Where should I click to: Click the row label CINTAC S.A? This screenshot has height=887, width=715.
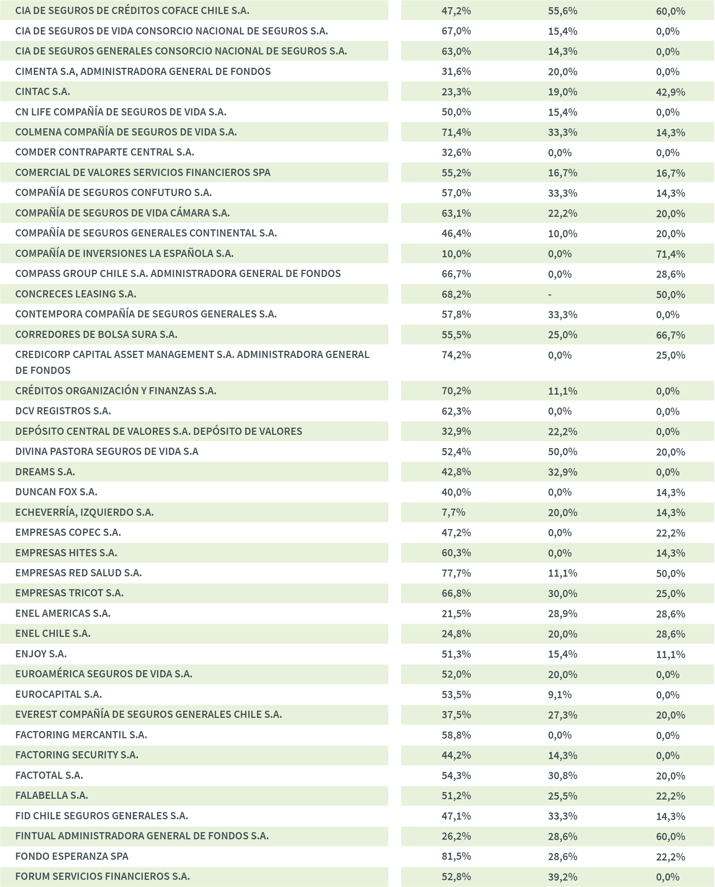click(x=42, y=92)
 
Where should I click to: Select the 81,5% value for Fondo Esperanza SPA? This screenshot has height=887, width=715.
click(x=456, y=856)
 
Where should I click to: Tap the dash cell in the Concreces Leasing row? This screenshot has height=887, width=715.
click(x=550, y=294)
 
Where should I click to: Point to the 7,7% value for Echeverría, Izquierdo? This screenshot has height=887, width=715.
click(x=453, y=512)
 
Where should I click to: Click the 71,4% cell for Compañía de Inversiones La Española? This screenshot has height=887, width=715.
click(x=670, y=254)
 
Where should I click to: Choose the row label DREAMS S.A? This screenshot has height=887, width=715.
click(x=45, y=472)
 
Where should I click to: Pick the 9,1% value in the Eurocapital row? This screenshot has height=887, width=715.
click(x=559, y=695)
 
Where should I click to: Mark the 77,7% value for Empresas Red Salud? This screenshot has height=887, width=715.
click(x=456, y=573)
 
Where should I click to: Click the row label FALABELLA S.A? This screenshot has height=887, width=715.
click(x=51, y=795)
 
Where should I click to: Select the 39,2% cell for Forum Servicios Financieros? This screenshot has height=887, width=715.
click(x=562, y=877)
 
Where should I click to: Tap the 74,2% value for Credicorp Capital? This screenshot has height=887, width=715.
click(x=456, y=355)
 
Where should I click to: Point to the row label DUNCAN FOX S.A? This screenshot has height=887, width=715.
click(x=56, y=492)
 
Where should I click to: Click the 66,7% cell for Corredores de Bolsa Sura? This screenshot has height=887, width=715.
click(x=670, y=335)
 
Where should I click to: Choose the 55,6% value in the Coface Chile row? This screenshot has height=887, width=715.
click(x=562, y=11)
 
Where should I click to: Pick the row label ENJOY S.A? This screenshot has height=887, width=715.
click(x=41, y=654)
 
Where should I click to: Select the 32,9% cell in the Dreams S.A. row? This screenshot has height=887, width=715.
click(x=562, y=472)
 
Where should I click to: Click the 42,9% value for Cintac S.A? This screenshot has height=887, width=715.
click(x=670, y=92)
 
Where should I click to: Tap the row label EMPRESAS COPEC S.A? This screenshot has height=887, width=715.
click(x=68, y=532)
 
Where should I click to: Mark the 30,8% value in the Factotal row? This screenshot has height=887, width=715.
click(x=562, y=775)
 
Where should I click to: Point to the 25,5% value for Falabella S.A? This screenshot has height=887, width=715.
click(x=562, y=795)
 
